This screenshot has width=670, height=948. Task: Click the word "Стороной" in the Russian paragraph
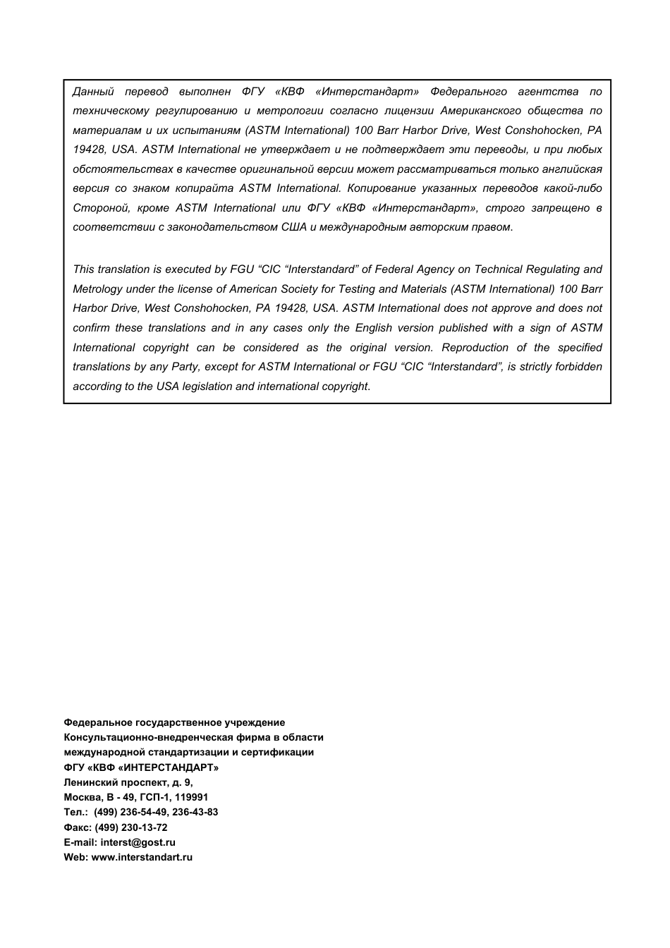tap(98, 208)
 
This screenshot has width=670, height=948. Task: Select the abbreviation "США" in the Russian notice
tap(293, 227)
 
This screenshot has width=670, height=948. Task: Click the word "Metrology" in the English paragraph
tap(97, 289)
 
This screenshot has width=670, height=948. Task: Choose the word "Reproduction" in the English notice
tap(475, 348)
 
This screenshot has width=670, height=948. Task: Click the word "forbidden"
tap(578, 367)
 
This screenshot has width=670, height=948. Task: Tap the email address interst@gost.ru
tap(138, 842)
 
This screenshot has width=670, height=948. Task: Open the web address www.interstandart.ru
tap(142, 857)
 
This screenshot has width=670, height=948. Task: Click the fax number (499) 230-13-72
tap(131, 827)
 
